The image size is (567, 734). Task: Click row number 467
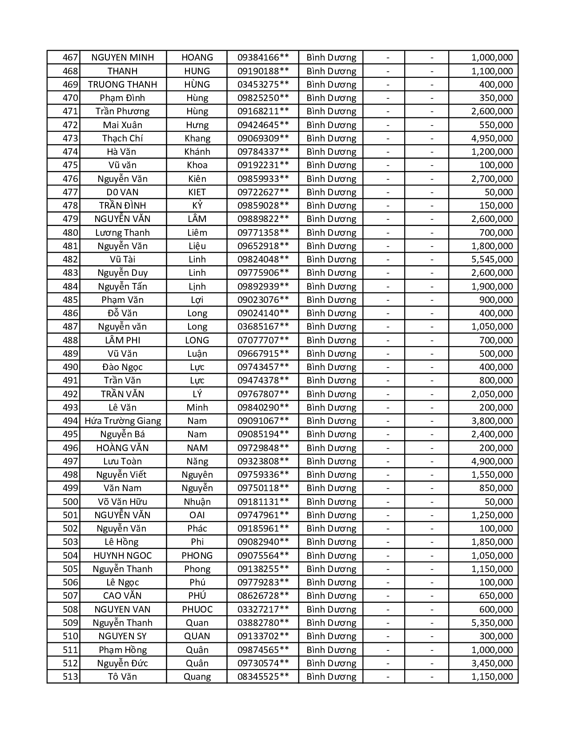(70, 57)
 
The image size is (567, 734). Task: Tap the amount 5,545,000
(492, 259)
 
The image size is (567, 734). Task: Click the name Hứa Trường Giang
(123, 421)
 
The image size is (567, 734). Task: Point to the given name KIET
(197, 192)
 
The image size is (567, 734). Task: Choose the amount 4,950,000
(492, 138)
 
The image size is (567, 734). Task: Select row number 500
(70, 502)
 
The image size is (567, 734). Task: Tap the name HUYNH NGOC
(123, 556)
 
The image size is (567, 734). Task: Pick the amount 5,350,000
(492, 623)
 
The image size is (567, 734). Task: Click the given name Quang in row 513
(197, 677)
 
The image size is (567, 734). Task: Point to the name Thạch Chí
(123, 138)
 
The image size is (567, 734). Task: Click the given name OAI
(197, 515)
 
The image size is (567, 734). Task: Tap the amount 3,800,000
(492, 421)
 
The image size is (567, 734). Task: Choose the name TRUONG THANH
(123, 85)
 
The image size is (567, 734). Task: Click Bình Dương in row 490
(331, 367)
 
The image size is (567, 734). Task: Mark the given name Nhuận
(197, 502)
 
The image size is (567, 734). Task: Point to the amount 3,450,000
(492, 663)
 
